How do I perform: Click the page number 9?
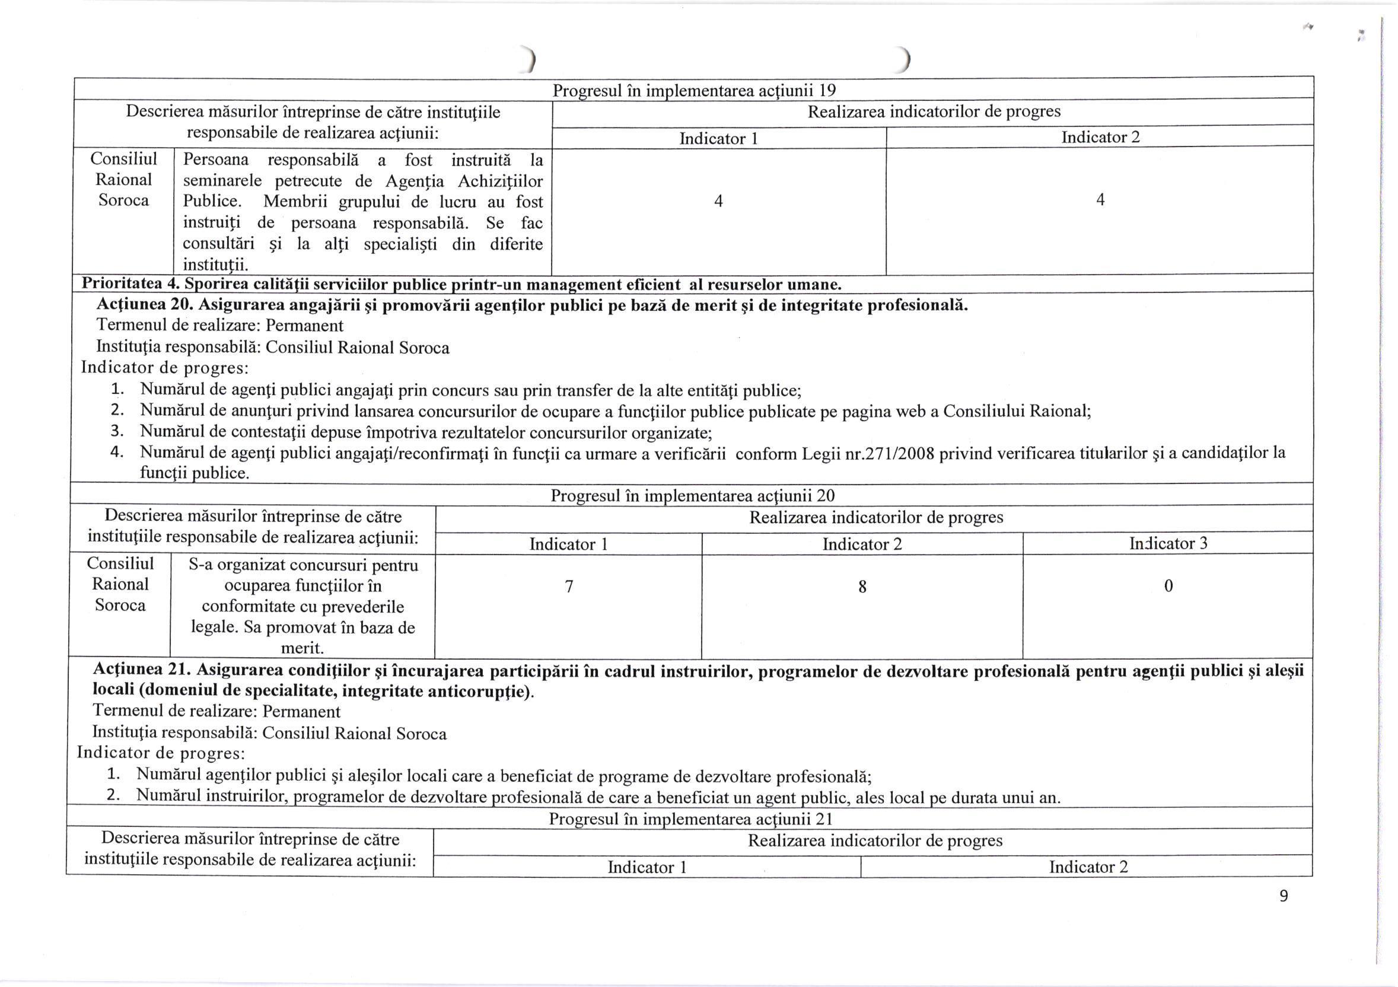tap(1284, 896)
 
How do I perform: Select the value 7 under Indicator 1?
tap(569, 587)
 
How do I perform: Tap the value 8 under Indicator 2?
tap(862, 587)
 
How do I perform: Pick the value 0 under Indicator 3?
tap(1168, 586)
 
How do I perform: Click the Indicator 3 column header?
tap(1168, 543)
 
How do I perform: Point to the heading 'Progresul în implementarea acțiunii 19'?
tap(694, 91)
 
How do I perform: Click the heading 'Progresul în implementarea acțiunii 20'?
tap(692, 496)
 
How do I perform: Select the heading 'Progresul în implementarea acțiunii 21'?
tap(690, 819)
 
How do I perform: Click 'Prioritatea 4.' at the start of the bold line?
tap(130, 284)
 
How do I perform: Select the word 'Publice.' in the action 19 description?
tap(212, 202)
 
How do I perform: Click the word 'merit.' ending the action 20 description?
tap(302, 648)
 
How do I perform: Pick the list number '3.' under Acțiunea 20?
tap(117, 432)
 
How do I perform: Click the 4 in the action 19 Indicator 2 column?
tap(1100, 200)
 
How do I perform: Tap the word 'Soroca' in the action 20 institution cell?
tap(120, 605)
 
